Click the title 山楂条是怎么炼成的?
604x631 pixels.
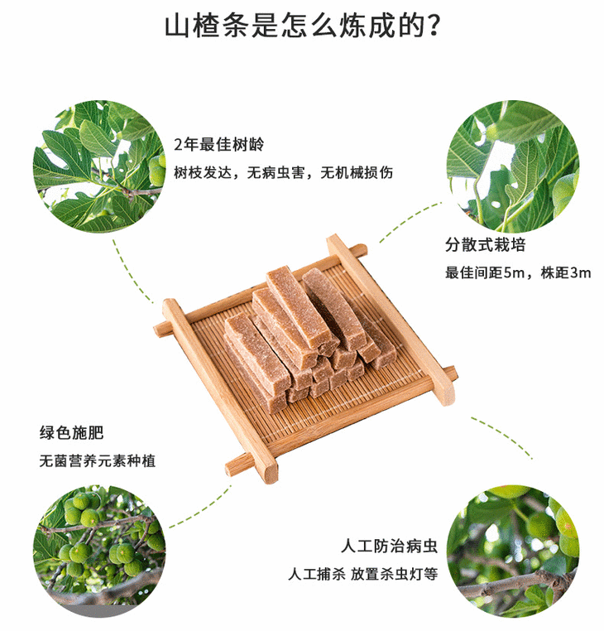[302, 26]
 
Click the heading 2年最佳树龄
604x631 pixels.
[218, 143]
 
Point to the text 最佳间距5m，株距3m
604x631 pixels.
[518, 273]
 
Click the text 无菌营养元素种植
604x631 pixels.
[97, 461]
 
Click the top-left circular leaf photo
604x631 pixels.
[98, 167]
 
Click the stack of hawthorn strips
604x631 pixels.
[306, 331]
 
